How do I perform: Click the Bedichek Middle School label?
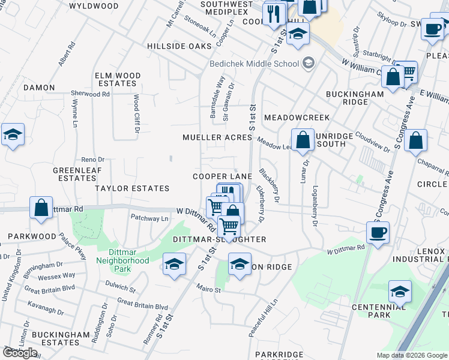coord(254,64)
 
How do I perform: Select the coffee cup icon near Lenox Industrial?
coord(378,232)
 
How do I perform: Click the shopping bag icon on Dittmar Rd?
coord(41,208)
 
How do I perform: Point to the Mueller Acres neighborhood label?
coord(217,137)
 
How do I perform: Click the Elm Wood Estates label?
coord(118,80)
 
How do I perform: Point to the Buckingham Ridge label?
coord(355,98)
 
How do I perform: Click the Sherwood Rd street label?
coord(90,94)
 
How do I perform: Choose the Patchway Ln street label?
coord(149,218)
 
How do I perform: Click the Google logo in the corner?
coord(20,353)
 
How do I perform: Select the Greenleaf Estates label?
coord(75,174)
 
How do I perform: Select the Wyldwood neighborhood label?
coord(94,6)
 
